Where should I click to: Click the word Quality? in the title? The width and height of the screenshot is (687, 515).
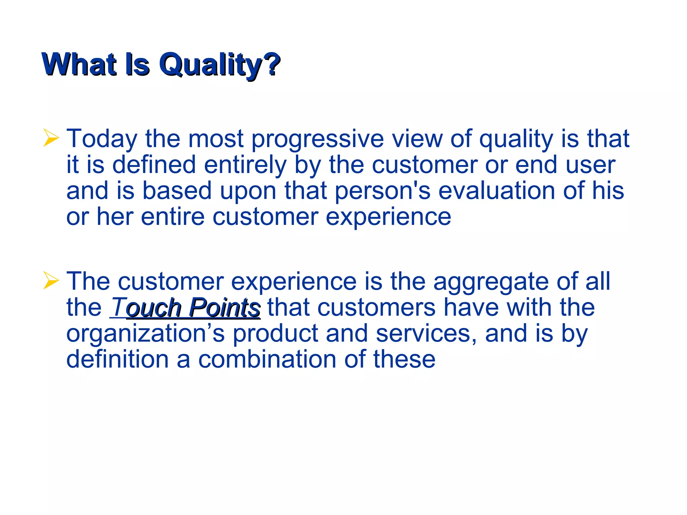[220, 65]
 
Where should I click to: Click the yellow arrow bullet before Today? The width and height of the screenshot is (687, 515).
[51, 138]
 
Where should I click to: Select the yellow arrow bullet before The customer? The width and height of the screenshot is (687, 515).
[51, 280]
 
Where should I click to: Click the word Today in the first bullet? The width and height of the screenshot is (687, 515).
[102, 138]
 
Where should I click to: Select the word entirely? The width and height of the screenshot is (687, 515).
[245, 165]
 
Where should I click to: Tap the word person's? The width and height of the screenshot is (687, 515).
[382, 191]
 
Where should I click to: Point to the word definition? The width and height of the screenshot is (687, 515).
[117, 359]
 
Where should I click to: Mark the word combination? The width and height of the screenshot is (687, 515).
[267, 359]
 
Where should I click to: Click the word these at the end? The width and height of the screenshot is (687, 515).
[404, 359]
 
